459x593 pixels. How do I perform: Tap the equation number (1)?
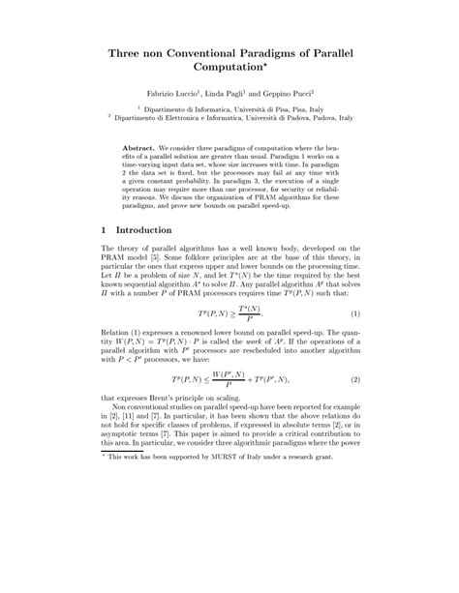pyautogui.click(x=354, y=343)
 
